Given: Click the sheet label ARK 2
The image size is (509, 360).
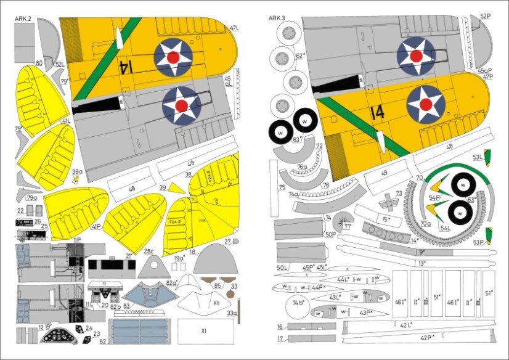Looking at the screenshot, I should coord(23,19).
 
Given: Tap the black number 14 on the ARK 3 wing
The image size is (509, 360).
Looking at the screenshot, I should coord(378,113).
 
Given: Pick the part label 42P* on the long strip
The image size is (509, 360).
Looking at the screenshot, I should coord(427,337).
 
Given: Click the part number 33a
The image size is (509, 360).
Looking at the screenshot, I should coord(231,314).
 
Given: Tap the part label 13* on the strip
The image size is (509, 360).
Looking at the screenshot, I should coord(421,263).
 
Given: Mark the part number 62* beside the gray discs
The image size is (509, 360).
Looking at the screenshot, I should coord(300,55).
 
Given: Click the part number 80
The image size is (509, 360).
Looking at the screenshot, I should coord(39,63).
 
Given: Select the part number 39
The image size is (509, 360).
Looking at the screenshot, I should coord(162,187).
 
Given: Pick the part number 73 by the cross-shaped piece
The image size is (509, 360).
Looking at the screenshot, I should coord(399,194).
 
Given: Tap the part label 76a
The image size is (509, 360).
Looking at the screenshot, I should coord(302,166).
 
